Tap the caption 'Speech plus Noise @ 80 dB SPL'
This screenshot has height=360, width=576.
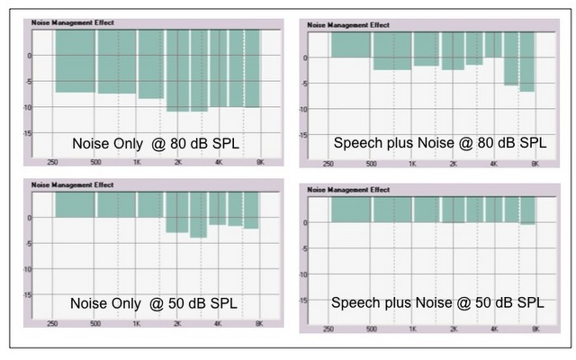[439, 142]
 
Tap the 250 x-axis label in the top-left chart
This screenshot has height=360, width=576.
[54, 164]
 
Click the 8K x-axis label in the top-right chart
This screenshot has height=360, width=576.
[535, 165]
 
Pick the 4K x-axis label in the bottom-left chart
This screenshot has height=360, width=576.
[218, 323]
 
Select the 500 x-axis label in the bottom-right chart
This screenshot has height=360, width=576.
[371, 328]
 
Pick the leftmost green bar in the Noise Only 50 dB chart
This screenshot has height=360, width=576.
[74, 204]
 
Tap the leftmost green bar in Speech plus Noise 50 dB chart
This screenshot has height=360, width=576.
[351, 209]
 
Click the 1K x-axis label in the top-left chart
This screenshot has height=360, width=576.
[137, 164]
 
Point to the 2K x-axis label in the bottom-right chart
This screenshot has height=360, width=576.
[453, 328]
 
